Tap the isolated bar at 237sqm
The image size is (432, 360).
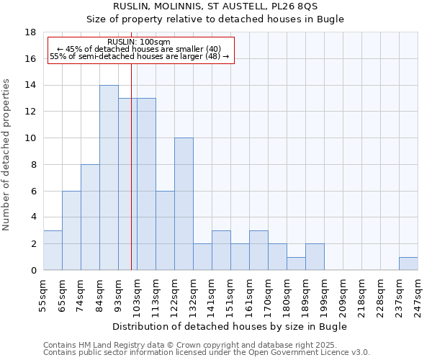(x=408, y=264)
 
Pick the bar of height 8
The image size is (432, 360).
(x=90, y=217)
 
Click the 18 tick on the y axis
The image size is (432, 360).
(x=31, y=32)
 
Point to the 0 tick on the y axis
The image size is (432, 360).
(x=33, y=271)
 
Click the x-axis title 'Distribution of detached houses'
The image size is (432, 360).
(x=230, y=326)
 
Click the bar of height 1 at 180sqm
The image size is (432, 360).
(x=296, y=264)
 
